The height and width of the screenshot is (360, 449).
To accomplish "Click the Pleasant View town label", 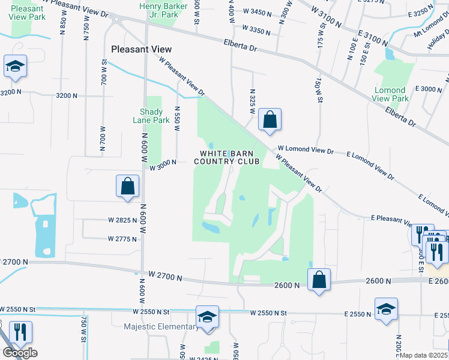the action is point(142,49).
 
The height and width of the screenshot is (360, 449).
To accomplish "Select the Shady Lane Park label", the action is point(151,116).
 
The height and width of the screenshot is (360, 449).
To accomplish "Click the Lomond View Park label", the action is point(390,94).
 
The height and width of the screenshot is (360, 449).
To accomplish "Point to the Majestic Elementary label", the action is point(161,327).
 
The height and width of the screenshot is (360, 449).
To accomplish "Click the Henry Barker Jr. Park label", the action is point(163,10).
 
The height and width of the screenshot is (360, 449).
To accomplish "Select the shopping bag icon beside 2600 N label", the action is point(319,279).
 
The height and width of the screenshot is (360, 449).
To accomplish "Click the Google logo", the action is point(20,353).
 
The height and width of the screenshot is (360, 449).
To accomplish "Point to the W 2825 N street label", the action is point(123,220).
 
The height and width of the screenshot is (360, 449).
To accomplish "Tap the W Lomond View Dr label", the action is point(305,150).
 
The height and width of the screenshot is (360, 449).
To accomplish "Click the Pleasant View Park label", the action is point(28,13).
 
